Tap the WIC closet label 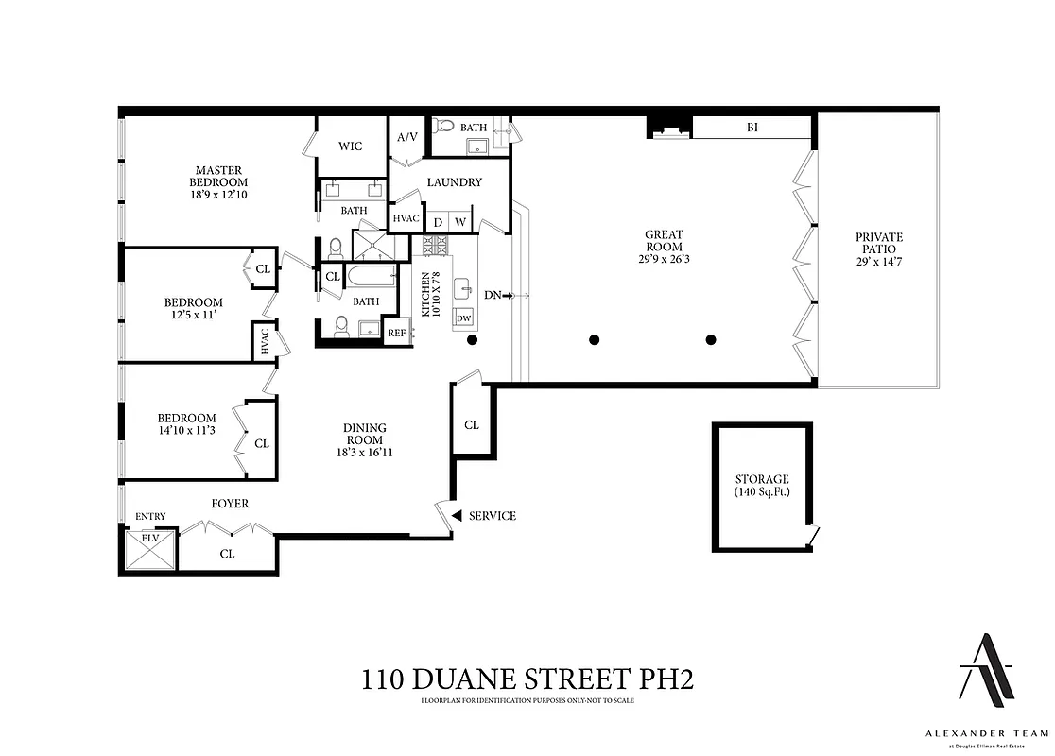click(351, 146)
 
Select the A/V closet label click(407, 137)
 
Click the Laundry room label click(455, 182)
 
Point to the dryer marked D click(438, 222)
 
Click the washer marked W click(461, 222)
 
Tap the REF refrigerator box click(397, 333)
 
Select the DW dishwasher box click(464, 318)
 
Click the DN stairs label click(493, 296)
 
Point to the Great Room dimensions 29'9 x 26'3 click(664, 258)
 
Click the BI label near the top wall click(752, 128)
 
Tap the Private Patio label click(879, 243)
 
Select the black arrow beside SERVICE click(456, 516)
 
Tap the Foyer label click(230, 504)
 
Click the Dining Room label click(364, 434)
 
